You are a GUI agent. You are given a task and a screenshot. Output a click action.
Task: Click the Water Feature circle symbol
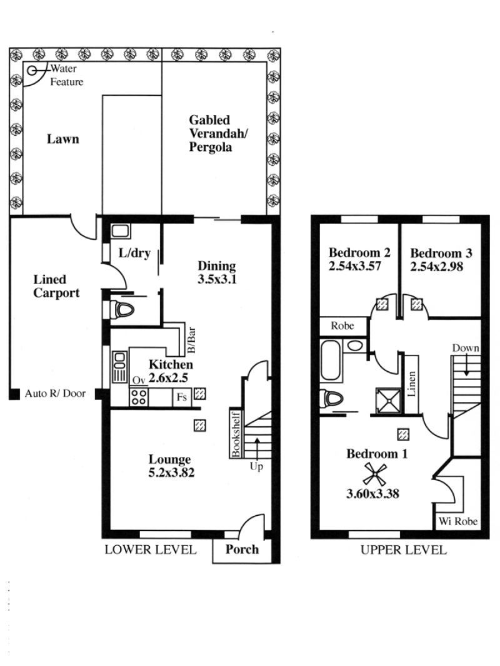32,71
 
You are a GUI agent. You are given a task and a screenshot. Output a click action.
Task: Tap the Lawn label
62,139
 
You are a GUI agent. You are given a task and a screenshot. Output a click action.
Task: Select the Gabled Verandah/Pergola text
218,133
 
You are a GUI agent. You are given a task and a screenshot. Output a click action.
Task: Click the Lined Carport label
56,286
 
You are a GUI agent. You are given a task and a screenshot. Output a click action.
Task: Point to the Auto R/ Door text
55,393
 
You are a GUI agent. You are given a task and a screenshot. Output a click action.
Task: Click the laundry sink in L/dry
121,232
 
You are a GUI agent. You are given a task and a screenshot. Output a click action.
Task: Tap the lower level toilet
122,310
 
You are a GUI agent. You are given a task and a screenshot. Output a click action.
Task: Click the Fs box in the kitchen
182,397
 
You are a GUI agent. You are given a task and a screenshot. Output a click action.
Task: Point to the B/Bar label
191,340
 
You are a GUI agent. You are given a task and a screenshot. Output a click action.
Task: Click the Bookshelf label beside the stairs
236,434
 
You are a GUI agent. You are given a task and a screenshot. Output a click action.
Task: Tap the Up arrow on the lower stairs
257,449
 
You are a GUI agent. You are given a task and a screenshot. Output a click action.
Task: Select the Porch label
242,549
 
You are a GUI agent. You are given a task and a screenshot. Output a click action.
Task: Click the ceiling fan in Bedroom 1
374,474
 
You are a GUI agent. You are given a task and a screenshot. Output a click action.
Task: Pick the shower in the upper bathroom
389,401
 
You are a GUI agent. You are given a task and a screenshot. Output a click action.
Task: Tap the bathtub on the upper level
331,360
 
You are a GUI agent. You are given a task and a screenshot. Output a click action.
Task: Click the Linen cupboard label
411,384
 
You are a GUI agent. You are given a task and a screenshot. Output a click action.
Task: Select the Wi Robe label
458,521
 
